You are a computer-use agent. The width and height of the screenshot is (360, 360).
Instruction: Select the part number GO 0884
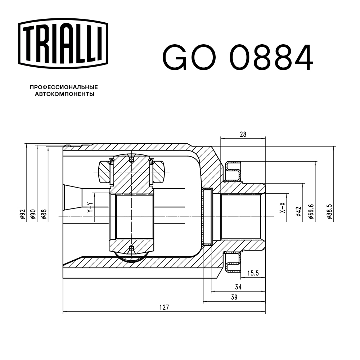[x=238, y=57]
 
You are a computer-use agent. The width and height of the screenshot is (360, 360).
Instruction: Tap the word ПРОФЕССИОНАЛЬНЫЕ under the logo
[x=64, y=87]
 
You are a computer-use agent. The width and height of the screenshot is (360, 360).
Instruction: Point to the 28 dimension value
[x=243, y=134]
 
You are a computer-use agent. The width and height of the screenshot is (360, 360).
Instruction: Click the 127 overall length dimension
[x=164, y=307]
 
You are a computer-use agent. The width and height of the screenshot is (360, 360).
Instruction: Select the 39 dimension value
[x=234, y=297]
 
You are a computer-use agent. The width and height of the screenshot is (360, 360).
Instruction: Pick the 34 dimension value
[x=238, y=287]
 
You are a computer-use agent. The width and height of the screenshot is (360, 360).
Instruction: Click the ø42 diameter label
[x=298, y=212]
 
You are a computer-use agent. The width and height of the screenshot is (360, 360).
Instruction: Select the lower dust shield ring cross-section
[x=233, y=262]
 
